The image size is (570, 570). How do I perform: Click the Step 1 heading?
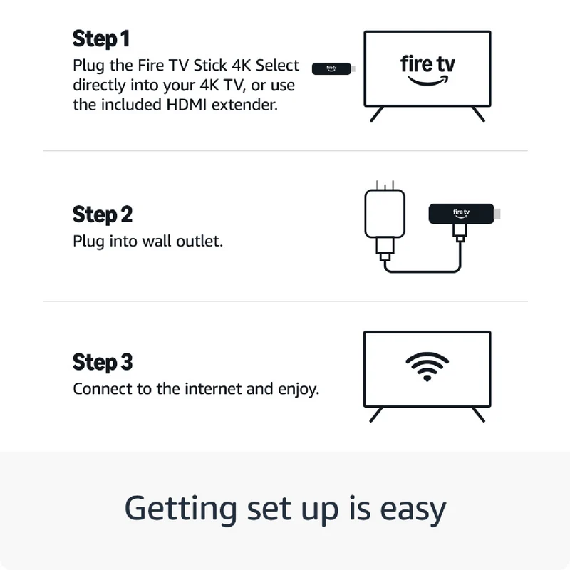pyautogui.click(x=101, y=39)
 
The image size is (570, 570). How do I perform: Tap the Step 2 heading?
pyautogui.click(x=103, y=214)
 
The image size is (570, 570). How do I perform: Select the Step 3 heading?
pyautogui.click(x=103, y=362)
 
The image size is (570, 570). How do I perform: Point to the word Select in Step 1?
pyautogui.click(x=277, y=66)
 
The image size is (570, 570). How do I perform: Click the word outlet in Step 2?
pyautogui.click(x=199, y=241)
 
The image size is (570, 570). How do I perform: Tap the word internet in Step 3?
pyautogui.click(x=213, y=389)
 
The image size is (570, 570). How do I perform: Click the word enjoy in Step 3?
pyautogui.click(x=299, y=390)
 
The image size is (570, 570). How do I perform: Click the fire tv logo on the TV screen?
pyautogui.click(x=427, y=70)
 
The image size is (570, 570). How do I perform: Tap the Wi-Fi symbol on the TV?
pyautogui.click(x=427, y=366)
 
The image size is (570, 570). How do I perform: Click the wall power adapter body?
pyautogui.click(x=385, y=213)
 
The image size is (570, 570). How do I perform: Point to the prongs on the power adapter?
pyautogui.click(x=385, y=185)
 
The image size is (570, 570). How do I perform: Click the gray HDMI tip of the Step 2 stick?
pyautogui.click(x=497, y=214)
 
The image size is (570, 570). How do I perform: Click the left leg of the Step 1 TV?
pyautogui.click(x=377, y=114)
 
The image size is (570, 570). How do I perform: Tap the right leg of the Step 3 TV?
pyautogui.click(x=478, y=415)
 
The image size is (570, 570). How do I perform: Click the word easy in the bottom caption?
pyautogui.click(x=413, y=509)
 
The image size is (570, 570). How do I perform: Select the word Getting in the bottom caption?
pyautogui.click(x=181, y=509)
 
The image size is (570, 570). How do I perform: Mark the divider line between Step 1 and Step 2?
pyautogui.click(x=285, y=150)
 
